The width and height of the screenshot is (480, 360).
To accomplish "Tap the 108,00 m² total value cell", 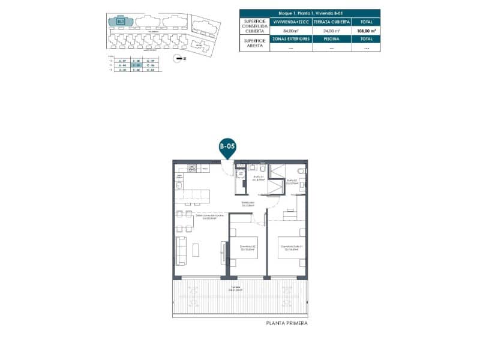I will coord(366,30).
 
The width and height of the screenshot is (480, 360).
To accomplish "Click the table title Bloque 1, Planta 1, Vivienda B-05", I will coord(310,13).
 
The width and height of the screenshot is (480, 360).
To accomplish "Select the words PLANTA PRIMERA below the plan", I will coord(287,323).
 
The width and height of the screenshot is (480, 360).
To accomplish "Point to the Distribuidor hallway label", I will coord(248,204).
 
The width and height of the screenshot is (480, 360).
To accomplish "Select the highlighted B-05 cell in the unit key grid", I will coord(136,65).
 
